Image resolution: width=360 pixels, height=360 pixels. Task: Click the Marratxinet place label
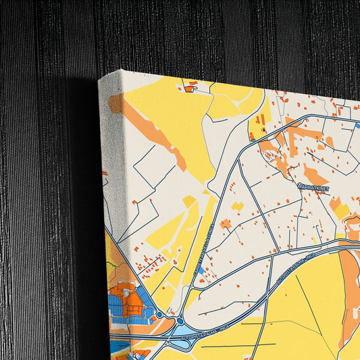pyautogui.click(x=312, y=188)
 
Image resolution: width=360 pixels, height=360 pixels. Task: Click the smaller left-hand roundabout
pyautogui.click(x=159, y=314)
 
